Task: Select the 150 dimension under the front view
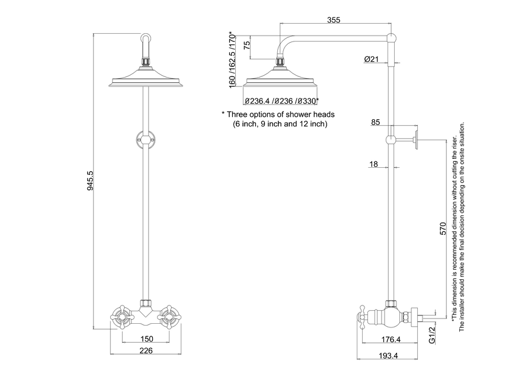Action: tap(146, 339)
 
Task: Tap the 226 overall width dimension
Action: tap(146, 350)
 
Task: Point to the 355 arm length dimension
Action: tap(334, 20)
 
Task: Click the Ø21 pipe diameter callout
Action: tap(371, 59)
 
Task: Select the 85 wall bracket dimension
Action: tap(375, 122)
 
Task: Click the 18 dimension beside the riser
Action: tap(373, 164)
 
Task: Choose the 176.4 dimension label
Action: tap(389, 340)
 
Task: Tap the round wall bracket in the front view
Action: tap(145, 141)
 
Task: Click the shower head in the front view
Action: tap(145, 82)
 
